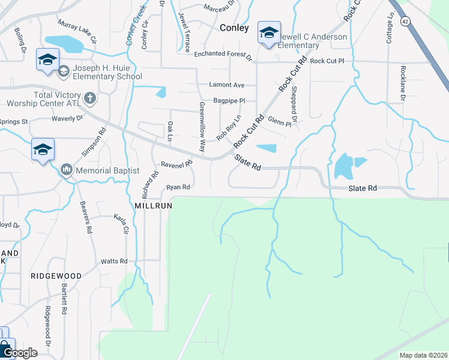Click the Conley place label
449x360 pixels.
(234, 28)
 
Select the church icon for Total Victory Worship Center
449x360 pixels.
(90, 97)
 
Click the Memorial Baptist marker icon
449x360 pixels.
(66, 170)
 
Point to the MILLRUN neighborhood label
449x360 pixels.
(154, 205)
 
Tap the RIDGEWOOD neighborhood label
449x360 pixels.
(56, 276)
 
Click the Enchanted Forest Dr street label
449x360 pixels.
(223, 55)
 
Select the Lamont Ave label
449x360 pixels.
(227, 85)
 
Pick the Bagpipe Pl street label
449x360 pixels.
(229, 101)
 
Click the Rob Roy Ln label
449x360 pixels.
(229, 127)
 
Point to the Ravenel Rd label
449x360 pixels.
(176, 164)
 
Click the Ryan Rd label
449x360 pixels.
(178, 187)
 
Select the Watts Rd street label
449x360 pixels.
(114, 261)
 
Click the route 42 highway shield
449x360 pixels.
(405, 22)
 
